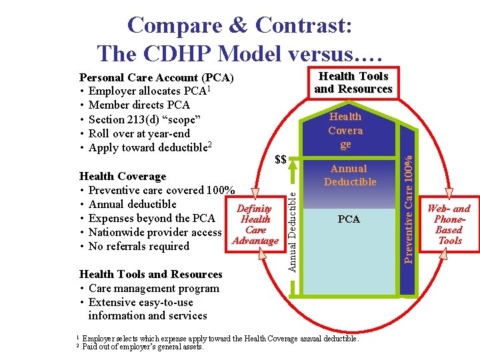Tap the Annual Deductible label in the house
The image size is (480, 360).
[350, 175]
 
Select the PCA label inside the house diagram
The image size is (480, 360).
[349, 219]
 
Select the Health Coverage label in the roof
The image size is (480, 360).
[345, 129]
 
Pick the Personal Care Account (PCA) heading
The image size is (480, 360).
[156, 77]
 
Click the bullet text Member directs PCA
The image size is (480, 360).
[139, 105]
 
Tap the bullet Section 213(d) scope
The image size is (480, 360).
[144, 119]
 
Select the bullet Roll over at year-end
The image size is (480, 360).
[139, 133]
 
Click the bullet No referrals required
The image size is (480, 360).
[139, 246]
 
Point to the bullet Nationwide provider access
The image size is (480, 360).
[155, 232]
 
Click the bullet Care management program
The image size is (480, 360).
[153, 288]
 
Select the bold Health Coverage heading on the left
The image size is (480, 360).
[123, 176]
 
